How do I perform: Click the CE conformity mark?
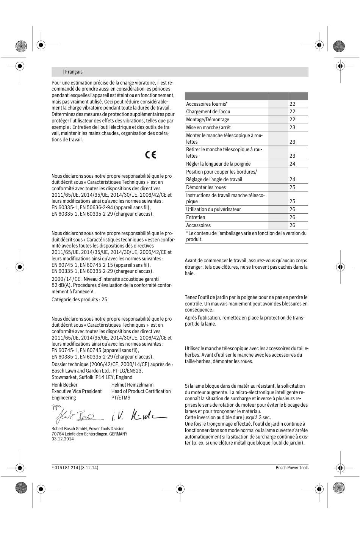coord(150,155)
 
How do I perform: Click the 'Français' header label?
coord(73,72)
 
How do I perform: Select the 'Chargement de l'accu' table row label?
coord(208,112)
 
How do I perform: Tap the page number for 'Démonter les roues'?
coord(292,188)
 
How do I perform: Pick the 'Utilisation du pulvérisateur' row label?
coord(213,210)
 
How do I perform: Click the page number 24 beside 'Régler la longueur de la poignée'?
coord(292,164)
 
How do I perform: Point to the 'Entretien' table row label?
coord(196,218)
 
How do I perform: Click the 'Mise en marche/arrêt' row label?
coord(208,128)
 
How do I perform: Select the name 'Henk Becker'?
coord(64,385)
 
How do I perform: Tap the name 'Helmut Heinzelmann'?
coord(132,385)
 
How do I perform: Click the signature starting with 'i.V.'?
coord(138,415)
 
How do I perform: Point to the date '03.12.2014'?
coord(63,439)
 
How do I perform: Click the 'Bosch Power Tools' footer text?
coord(292,468)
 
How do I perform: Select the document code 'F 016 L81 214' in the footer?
coord(65,468)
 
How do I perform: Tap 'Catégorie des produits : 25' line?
coord(79,300)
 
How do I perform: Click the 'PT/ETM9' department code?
coord(121,398)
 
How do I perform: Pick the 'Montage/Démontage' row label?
coord(207,120)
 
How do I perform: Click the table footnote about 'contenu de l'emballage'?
coord(246,236)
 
